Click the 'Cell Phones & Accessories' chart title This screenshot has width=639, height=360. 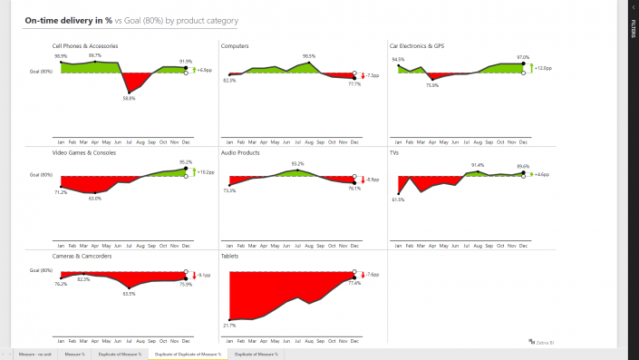click(x=84, y=45)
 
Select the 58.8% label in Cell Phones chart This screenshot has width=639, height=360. click(x=130, y=98)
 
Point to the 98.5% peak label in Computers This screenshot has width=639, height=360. click(x=309, y=56)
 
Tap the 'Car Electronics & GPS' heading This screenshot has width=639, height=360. click(x=429, y=45)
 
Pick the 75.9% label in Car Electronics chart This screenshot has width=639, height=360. click(x=432, y=85)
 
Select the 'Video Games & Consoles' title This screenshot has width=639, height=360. click(x=84, y=152)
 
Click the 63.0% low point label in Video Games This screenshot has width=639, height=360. click(x=95, y=198)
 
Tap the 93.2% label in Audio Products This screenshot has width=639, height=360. click(x=297, y=163)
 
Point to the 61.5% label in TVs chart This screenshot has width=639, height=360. click(x=399, y=199)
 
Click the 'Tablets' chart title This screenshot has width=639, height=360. click(x=231, y=257)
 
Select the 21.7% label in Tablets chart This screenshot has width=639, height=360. click(x=229, y=325)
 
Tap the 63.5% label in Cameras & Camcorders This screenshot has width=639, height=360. click(x=129, y=294)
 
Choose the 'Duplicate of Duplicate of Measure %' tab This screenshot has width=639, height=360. click(x=188, y=354)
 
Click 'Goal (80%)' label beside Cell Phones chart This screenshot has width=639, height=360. click(x=41, y=71)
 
